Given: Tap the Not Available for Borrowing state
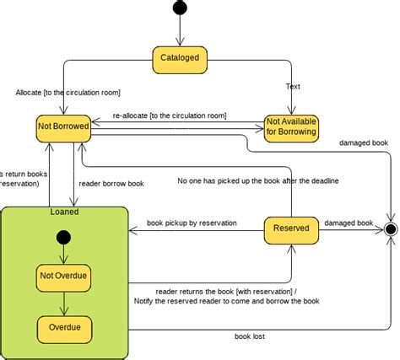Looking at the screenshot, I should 291,126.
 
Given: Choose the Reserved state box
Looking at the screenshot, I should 291,228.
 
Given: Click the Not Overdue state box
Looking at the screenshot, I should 64,276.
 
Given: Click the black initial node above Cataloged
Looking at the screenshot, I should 180,8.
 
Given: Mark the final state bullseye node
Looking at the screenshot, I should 390,228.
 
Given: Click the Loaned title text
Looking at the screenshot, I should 64,212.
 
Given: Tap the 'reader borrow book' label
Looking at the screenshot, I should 111,182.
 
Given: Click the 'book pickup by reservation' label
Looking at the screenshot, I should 192,223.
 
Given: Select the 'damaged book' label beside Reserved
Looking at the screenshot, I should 349,223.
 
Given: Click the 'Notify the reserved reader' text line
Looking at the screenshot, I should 226,301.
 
